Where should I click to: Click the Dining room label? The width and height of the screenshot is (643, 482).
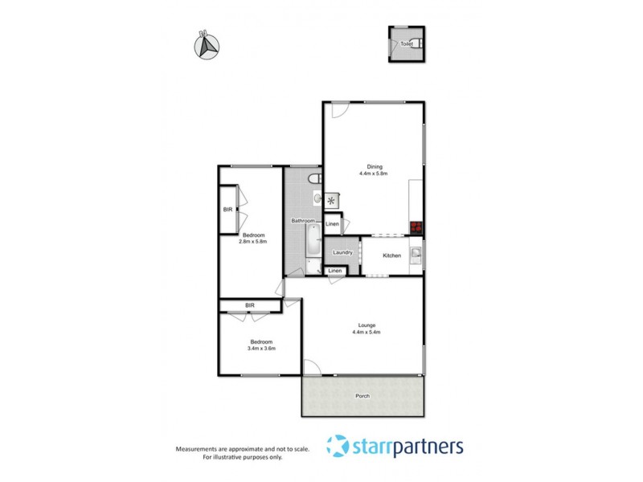tap(374, 167)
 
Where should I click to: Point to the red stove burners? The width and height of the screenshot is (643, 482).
tap(416, 227)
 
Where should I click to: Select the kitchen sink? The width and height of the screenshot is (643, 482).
tap(416, 255)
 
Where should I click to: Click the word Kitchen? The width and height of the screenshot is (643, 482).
tap(391, 255)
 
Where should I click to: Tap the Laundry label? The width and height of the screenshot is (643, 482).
tap(343, 253)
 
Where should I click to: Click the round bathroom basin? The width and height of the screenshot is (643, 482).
tap(317, 198)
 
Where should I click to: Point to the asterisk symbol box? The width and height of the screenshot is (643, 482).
tap(330, 201)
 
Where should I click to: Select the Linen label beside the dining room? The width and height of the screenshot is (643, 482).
tap(332, 224)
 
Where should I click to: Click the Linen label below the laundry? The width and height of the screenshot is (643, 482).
tap(335, 272)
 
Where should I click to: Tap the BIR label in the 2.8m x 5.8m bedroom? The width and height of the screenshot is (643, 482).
tap(227, 210)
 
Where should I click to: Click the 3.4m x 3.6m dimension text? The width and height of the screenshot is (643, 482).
tap(260, 349)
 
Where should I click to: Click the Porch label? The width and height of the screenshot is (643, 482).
tap(362, 396)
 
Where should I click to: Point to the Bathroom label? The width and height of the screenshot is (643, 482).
tap(302, 221)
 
